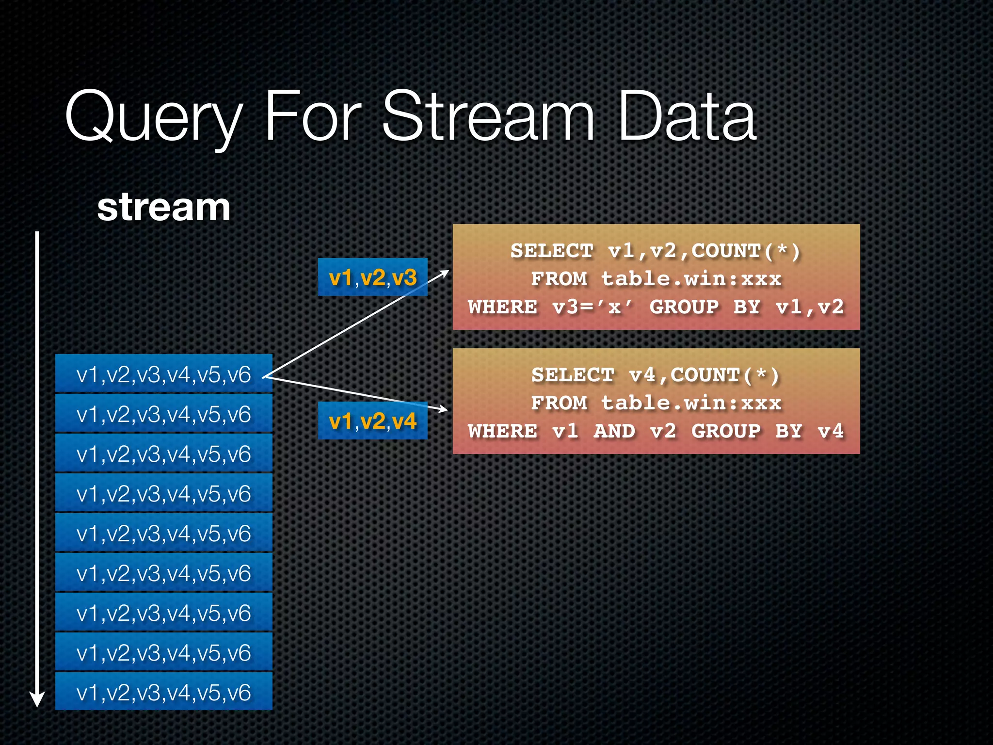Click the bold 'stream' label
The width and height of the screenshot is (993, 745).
[163, 207]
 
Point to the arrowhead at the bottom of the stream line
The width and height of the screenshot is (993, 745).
[37, 699]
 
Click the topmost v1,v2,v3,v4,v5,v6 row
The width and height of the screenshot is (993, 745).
[163, 374]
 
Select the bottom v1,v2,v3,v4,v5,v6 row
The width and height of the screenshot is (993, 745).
[163, 692]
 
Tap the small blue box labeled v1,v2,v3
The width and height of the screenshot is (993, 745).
[372, 277]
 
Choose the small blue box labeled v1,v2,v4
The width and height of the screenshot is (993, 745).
[372, 421]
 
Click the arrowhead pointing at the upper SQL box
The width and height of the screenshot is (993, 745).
[444, 274]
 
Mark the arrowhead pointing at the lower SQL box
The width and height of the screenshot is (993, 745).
[442, 409]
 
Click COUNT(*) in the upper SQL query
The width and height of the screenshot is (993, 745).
[745, 251]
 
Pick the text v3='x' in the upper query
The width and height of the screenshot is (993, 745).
[593, 307]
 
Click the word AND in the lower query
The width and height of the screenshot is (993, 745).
[614, 431]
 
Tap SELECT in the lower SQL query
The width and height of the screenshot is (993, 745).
[573, 375]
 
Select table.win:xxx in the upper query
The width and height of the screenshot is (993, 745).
[691, 279]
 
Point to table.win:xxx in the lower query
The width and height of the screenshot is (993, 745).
[691, 403]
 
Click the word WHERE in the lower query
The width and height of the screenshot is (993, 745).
[503, 431]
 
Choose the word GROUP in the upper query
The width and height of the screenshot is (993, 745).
[684, 307]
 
